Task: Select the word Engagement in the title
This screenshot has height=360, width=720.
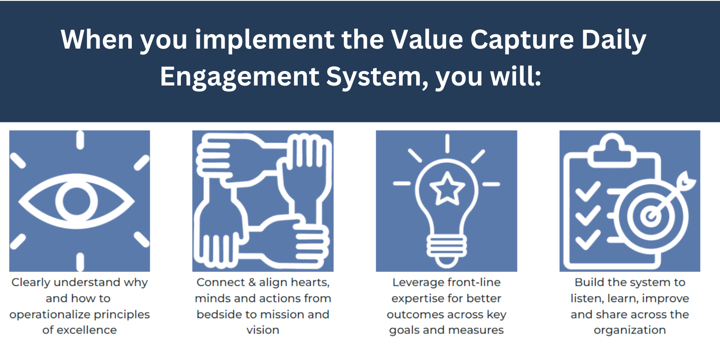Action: click(239, 76)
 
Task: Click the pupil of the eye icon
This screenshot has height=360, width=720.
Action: click(76, 201)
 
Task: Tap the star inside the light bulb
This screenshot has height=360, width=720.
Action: click(447, 189)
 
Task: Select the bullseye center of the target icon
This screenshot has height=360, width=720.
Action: click(650, 216)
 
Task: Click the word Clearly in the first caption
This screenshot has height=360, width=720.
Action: click(31, 283)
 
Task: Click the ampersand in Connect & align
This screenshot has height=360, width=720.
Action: click(252, 283)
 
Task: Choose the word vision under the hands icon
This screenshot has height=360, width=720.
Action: click(263, 330)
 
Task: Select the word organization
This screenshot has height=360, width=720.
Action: click(630, 330)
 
